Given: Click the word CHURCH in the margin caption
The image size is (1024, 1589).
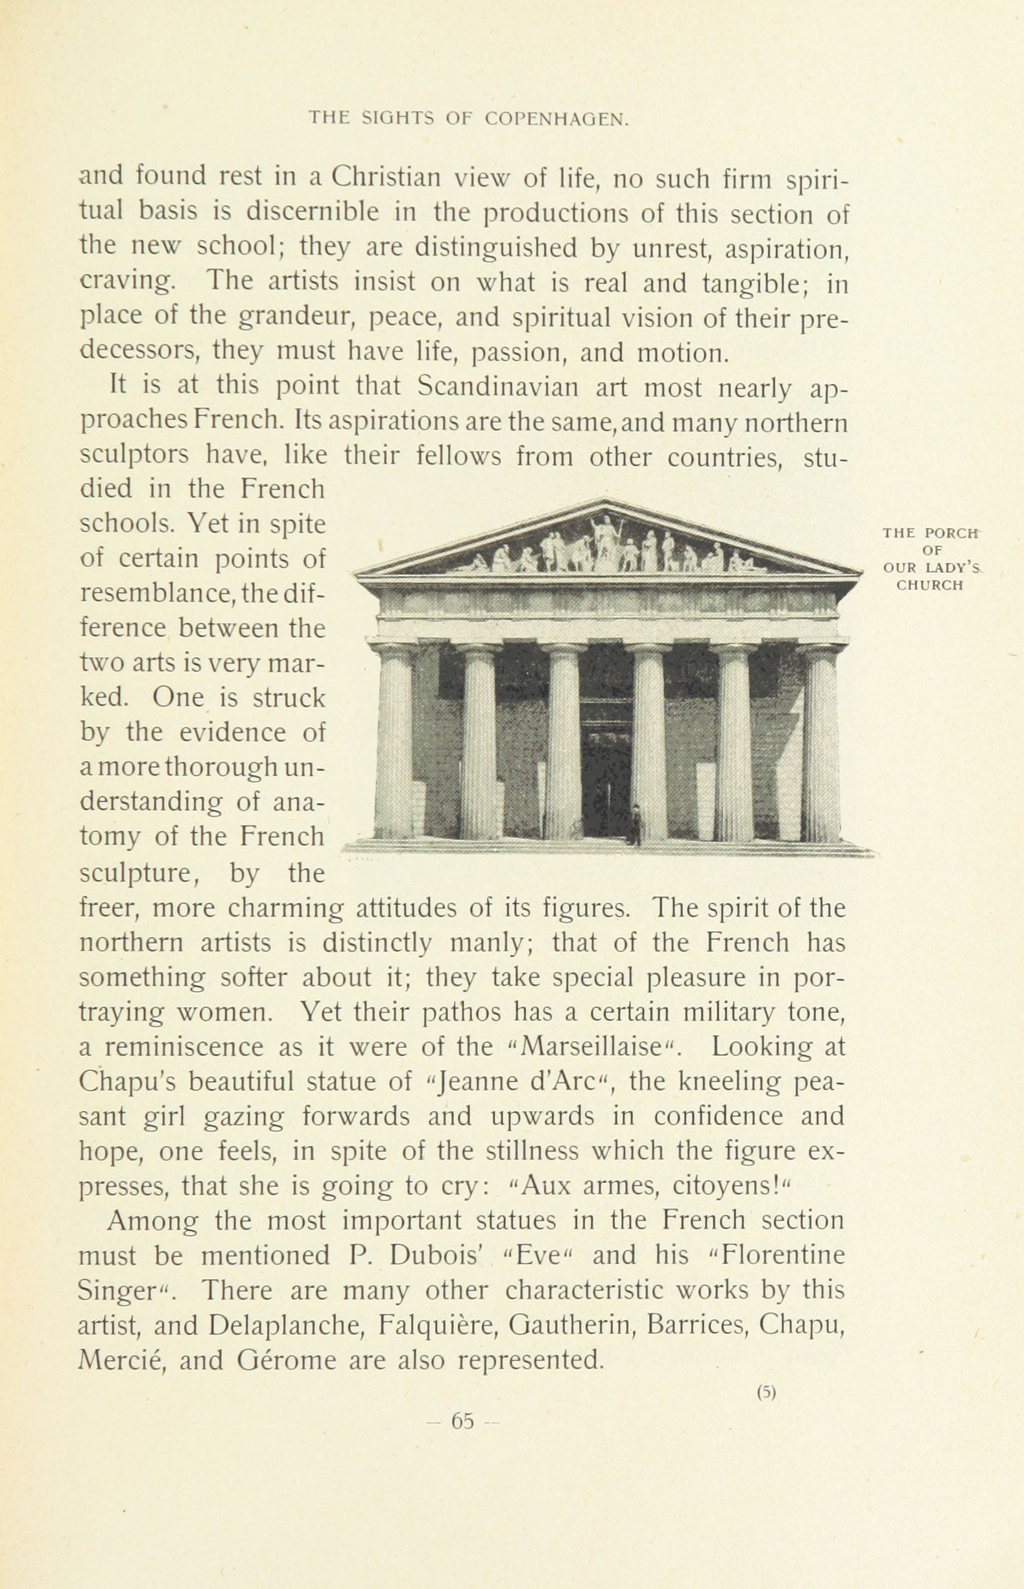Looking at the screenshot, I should tap(929, 586).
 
